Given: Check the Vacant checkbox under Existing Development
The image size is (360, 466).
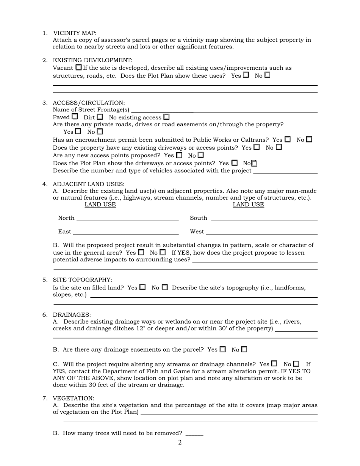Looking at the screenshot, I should pyautogui.click(x=78, y=67).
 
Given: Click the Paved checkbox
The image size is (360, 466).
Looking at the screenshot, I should pyautogui.click(x=75, y=117).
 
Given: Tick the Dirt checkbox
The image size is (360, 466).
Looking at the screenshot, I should pyautogui.click(x=100, y=117).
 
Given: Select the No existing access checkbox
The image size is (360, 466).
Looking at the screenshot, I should pyautogui.click(x=166, y=117).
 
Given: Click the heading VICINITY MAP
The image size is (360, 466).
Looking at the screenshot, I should pyautogui.click(x=75, y=33).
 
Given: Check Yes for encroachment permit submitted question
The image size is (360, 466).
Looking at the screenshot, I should pyautogui.click(x=288, y=139).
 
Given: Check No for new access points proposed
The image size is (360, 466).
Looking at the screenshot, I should pyautogui.click(x=200, y=155).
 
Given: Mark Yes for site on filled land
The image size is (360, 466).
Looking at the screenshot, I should pyautogui.click(x=142, y=287).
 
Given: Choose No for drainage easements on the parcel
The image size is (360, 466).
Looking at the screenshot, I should pyautogui.click(x=244, y=349).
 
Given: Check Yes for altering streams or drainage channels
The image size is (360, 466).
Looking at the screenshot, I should pyautogui.click(x=274, y=363).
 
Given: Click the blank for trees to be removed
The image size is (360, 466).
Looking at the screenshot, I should pyautogui.click(x=194, y=433).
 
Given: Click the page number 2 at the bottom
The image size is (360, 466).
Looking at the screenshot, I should pyautogui.click(x=180, y=443).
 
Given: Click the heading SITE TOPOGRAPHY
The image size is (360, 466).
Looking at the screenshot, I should pyautogui.click(x=82, y=280).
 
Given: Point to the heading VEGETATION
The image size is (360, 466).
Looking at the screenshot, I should pyautogui.click(x=73, y=398).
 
